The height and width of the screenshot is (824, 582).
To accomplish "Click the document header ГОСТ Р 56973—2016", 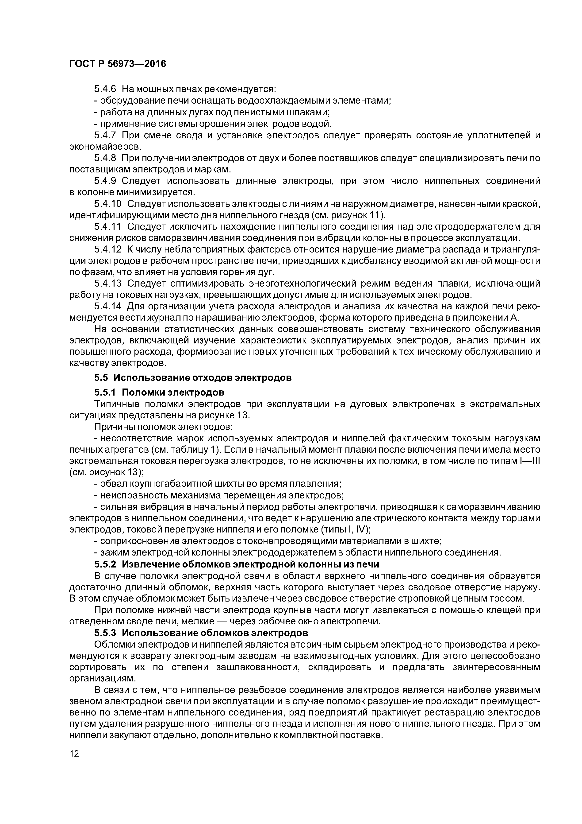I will [x=118, y=64].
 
